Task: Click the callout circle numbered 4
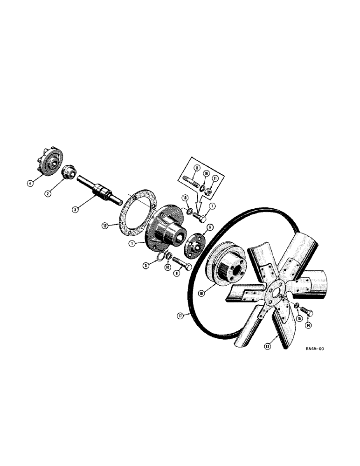pos(30,183)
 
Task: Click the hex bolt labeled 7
pos(201,218)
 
